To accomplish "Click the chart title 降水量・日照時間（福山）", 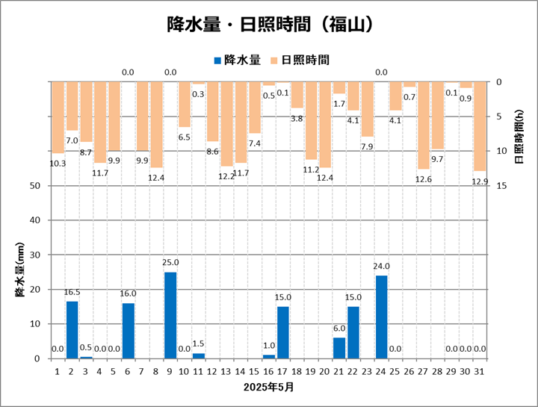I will pos(269,24).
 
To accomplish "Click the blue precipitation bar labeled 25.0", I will pos(170,315).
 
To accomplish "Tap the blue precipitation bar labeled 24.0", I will pos(381,317).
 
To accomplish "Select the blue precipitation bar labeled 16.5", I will pos(72,329).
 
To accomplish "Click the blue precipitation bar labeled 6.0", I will pos(339,348).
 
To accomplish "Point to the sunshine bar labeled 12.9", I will pos(480,126).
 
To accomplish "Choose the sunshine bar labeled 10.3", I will pos(58,117).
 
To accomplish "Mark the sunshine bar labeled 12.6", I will pos(424,125).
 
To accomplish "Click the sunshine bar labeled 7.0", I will pos(72,106).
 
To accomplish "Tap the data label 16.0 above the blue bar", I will pos(128,293).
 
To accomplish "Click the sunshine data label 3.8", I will pos(297,118).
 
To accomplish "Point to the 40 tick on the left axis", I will pos(34,220).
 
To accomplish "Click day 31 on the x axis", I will pos(480,370).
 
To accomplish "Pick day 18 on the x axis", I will pos(297,370).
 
